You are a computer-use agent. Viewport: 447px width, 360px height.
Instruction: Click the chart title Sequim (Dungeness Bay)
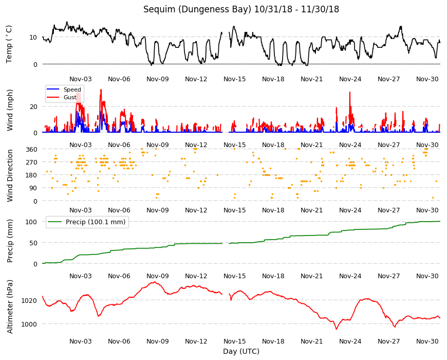tap(197, 9)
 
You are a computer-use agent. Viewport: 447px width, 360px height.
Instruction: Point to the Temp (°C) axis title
tap(9, 44)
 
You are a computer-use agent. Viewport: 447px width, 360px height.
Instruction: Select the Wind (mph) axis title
tap(10, 110)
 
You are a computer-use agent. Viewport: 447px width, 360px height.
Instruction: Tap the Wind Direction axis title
tap(10, 176)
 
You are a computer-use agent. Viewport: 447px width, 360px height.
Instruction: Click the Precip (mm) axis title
tap(10, 241)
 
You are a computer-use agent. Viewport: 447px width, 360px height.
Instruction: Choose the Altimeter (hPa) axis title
tap(10, 307)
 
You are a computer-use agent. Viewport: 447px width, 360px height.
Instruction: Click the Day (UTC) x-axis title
tap(241, 351)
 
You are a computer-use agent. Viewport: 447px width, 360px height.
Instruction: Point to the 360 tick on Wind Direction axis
tap(31, 149)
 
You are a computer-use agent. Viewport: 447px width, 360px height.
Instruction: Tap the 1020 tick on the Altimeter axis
tap(29, 300)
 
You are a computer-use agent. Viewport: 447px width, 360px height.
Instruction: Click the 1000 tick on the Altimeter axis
tap(29, 324)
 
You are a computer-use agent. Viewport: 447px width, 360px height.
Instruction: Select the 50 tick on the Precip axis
tap(33, 243)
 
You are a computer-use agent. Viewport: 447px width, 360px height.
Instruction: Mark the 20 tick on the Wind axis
tap(33, 106)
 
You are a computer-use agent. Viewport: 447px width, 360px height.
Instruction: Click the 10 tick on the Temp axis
tap(33, 37)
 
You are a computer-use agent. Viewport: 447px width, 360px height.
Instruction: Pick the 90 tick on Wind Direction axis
tap(33, 188)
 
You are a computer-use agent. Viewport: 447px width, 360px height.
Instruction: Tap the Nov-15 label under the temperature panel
tap(235, 79)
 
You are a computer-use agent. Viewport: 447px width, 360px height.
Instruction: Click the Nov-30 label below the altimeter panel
tap(427, 341)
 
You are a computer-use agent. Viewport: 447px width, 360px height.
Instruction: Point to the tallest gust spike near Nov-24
tap(350, 93)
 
